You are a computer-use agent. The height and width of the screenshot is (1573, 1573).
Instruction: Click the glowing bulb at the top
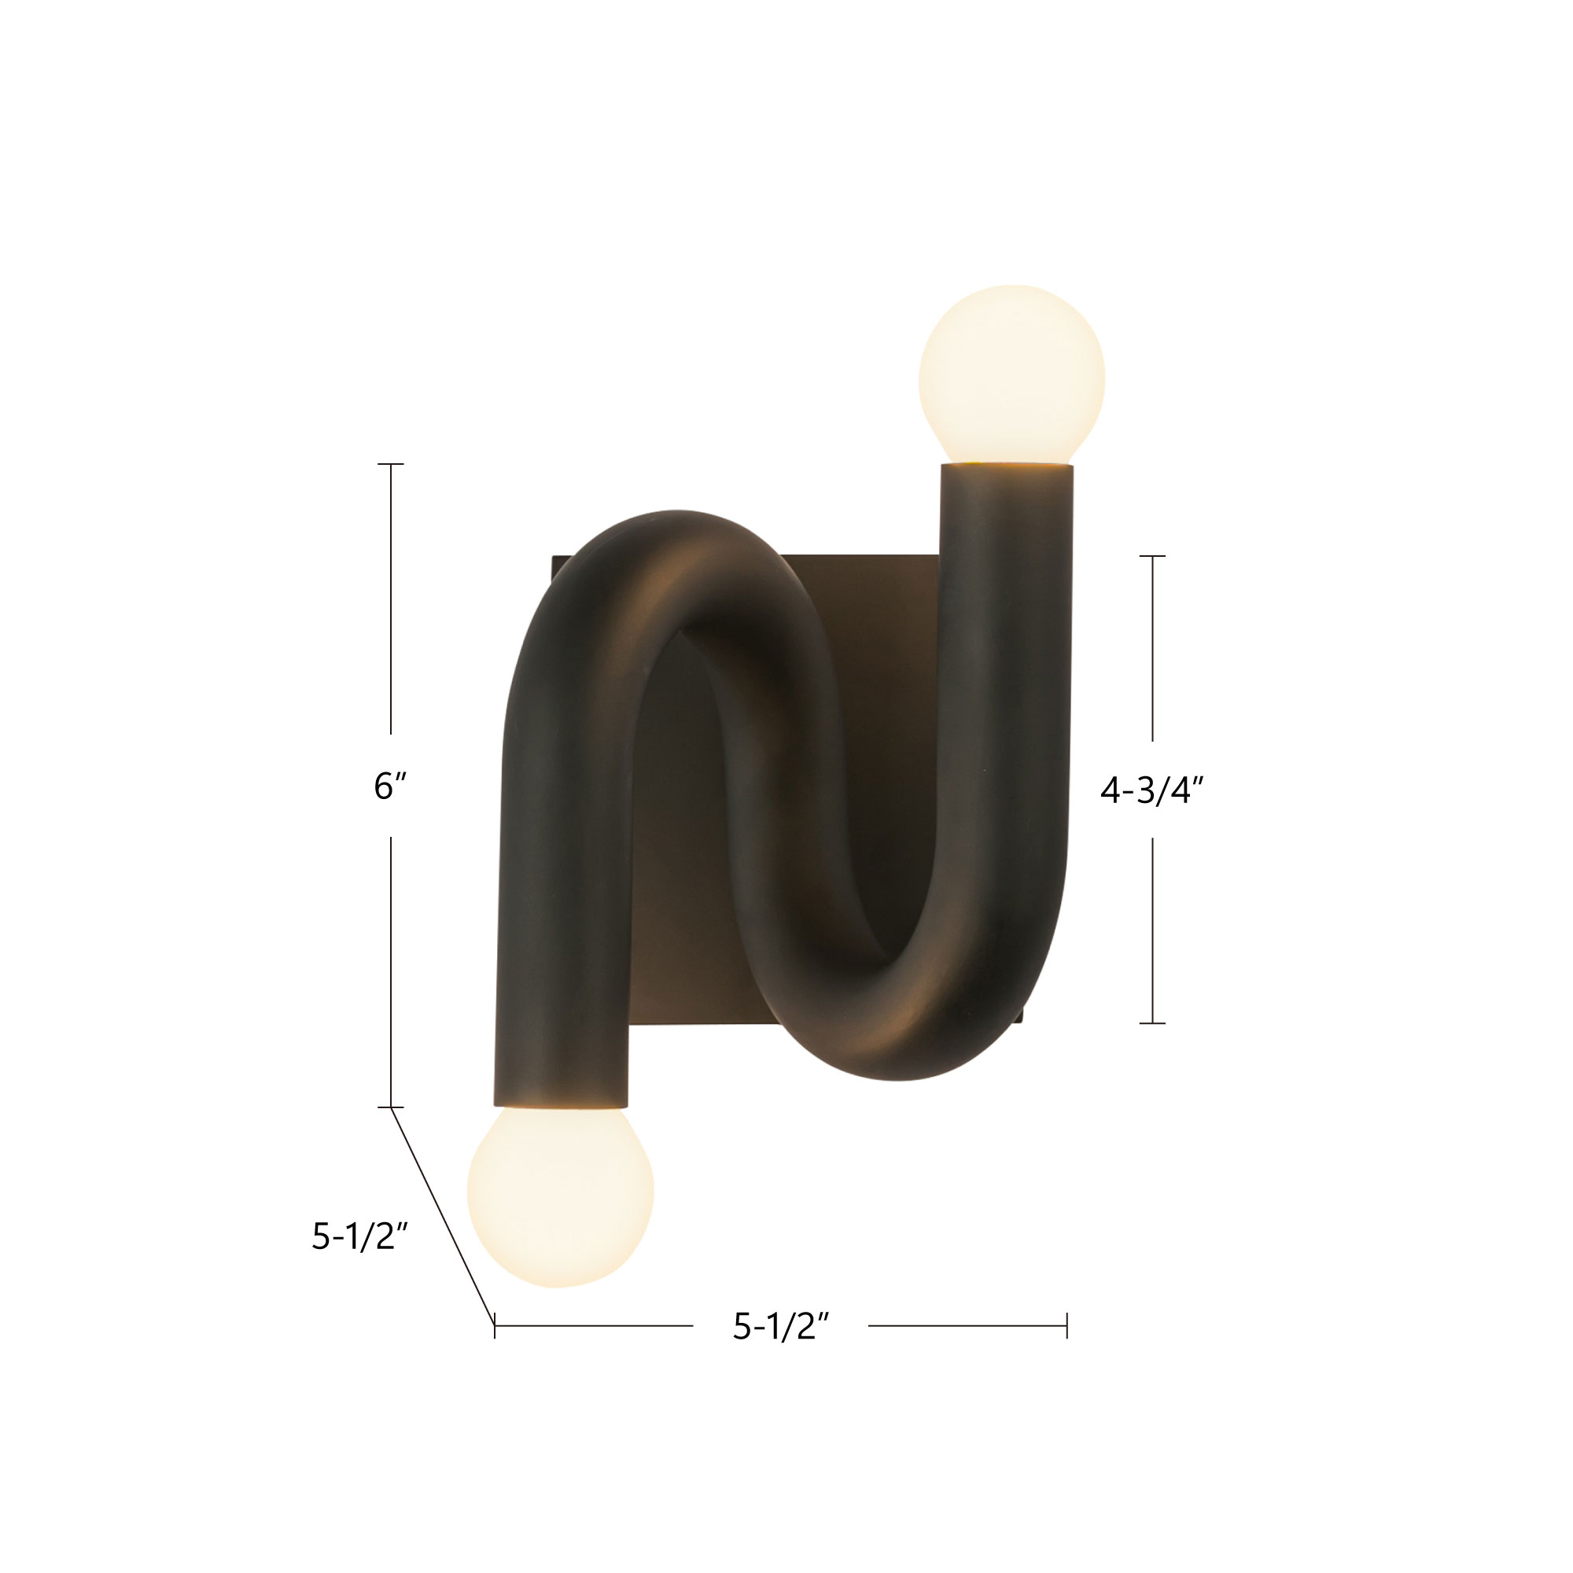point(1011,374)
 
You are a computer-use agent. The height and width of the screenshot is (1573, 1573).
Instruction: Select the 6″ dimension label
point(390,786)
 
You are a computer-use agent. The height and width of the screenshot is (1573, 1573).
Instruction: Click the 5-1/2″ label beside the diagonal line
point(359,1236)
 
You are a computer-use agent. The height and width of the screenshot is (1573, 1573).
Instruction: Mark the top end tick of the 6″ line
point(391,464)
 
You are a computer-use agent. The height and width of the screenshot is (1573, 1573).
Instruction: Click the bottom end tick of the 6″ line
point(391,1107)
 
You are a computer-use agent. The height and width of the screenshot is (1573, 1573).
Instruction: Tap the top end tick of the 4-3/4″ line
point(1152,556)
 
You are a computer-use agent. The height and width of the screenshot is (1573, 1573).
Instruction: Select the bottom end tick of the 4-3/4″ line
point(1152,1022)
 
